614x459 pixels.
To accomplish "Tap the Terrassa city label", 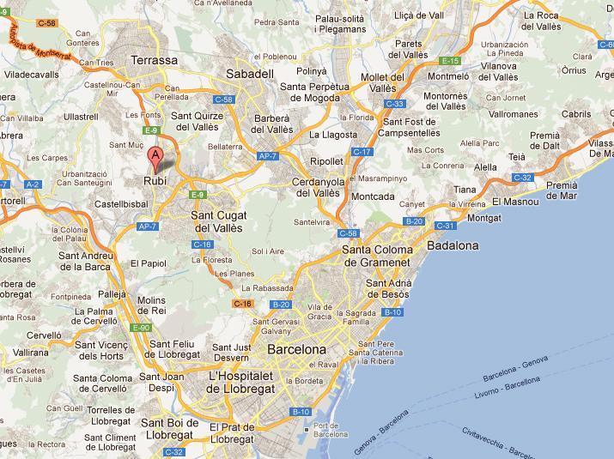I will (x=155, y=61).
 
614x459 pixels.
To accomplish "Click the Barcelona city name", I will (x=297, y=350).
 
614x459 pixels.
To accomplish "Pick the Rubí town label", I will (x=155, y=181).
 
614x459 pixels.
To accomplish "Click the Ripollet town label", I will (x=326, y=160).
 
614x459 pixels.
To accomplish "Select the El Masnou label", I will (x=516, y=202).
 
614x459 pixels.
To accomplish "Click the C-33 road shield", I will (x=396, y=104).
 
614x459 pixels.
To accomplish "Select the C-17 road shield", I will (x=361, y=152).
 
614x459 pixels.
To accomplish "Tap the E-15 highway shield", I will (x=450, y=61).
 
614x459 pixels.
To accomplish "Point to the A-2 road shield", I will (x=33, y=184).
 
